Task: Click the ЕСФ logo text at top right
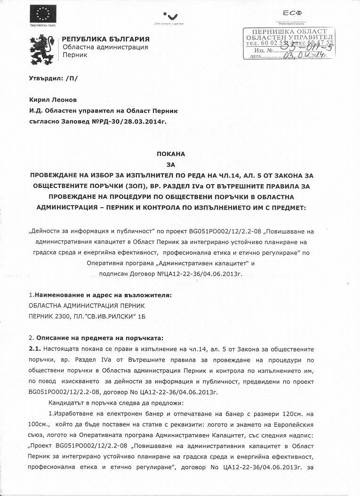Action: (x=293, y=13)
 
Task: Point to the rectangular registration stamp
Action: (x=288, y=43)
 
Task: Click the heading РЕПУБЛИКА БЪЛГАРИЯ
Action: (x=106, y=39)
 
